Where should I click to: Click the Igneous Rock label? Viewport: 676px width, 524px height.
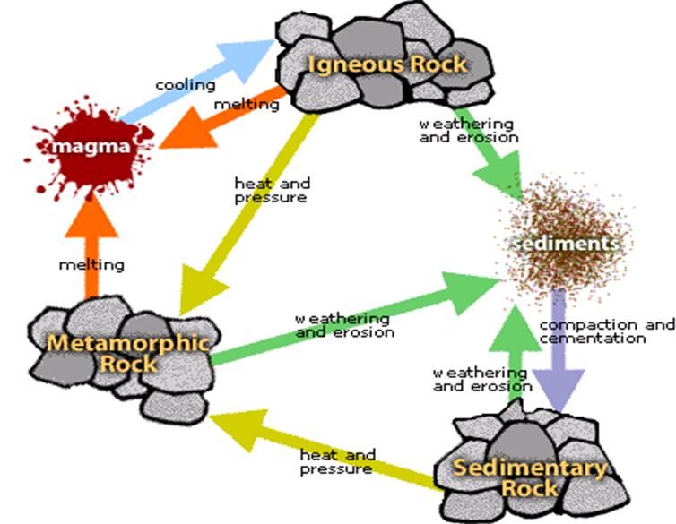point(387,64)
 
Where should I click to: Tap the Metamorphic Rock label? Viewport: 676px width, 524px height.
point(127,353)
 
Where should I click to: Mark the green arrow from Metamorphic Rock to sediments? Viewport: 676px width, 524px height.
point(359,322)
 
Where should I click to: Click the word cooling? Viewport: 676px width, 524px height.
point(186,86)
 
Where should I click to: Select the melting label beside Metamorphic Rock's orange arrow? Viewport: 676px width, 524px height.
point(91,265)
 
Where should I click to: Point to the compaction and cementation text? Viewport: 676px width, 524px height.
point(606,331)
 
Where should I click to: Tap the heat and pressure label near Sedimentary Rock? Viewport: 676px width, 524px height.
point(336,462)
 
